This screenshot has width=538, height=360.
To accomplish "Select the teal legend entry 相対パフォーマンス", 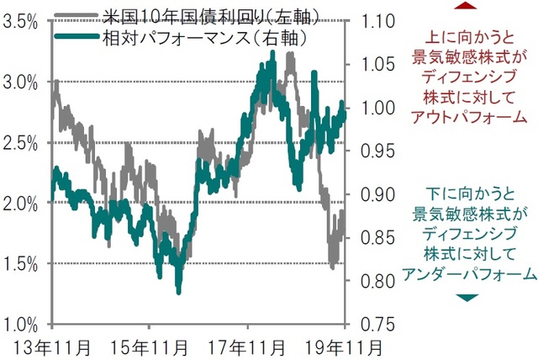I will [x=180, y=38].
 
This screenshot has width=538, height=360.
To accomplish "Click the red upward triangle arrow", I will [x=466, y=7].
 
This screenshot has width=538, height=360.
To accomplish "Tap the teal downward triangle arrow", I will [x=467, y=297].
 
